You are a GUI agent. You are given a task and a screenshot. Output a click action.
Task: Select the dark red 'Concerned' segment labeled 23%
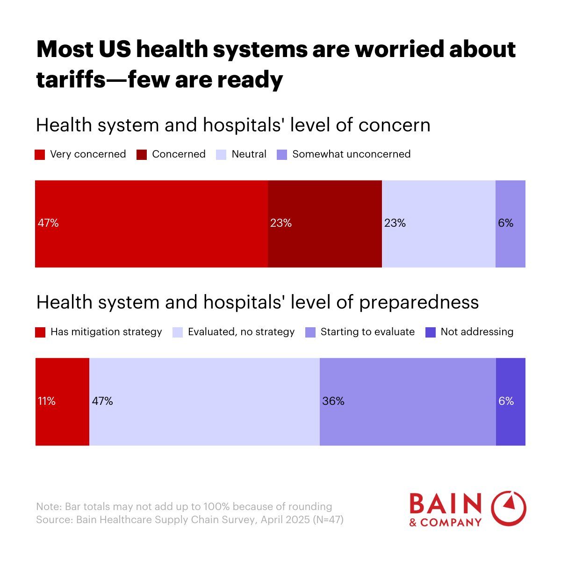click(324, 223)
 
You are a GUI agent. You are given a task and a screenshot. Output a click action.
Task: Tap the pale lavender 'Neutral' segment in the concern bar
click(439, 223)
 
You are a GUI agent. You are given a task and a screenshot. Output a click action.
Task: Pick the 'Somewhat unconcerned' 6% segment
click(510, 223)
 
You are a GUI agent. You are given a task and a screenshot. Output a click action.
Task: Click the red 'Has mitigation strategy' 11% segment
click(62, 401)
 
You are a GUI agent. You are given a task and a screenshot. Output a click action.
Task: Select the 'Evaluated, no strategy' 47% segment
click(204, 401)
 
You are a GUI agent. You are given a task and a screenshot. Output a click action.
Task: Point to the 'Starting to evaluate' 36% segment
click(408, 401)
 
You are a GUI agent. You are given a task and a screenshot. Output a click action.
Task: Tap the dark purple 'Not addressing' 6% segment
click(511, 401)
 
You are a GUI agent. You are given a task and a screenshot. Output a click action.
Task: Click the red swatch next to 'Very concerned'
click(40, 155)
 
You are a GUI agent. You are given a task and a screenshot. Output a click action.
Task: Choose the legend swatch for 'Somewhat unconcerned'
click(282, 155)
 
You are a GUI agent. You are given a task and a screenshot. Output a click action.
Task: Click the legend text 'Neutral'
click(249, 154)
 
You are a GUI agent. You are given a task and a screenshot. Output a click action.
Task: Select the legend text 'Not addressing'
click(477, 332)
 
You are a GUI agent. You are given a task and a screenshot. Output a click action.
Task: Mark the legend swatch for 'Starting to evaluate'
click(310, 332)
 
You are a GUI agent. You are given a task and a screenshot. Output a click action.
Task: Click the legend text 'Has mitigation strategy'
click(106, 332)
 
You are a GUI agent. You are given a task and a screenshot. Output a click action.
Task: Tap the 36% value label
click(333, 401)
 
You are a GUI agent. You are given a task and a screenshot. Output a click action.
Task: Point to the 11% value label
click(47, 401)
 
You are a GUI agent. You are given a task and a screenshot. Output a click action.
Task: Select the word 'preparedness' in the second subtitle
click(419, 302)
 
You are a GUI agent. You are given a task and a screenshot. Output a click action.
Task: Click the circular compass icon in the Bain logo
click(509, 509)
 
